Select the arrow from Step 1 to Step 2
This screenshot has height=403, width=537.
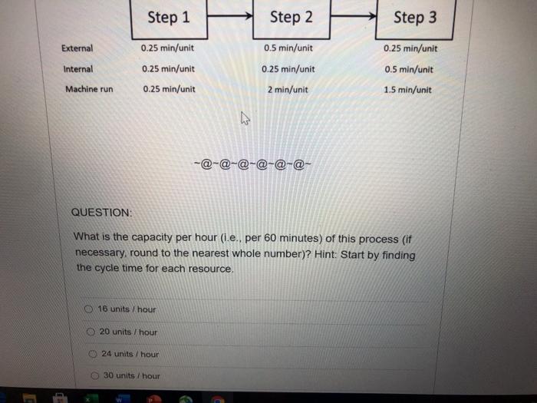(229, 14)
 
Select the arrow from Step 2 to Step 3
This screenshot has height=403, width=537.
(353, 14)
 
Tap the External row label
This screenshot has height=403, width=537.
(77, 48)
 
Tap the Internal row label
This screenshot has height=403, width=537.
(77, 68)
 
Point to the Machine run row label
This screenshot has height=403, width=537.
(89, 89)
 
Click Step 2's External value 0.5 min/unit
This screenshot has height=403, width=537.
(288, 48)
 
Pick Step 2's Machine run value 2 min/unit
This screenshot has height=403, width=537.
(288, 89)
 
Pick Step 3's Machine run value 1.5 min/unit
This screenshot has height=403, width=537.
(407, 89)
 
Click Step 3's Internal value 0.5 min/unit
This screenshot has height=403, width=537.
(408, 69)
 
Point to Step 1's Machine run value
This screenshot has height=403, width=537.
(169, 89)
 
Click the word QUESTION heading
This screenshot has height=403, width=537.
(101, 211)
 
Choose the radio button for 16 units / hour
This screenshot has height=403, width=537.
(90, 309)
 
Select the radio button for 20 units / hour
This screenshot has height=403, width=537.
(91, 332)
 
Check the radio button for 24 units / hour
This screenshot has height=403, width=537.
(92, 354)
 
